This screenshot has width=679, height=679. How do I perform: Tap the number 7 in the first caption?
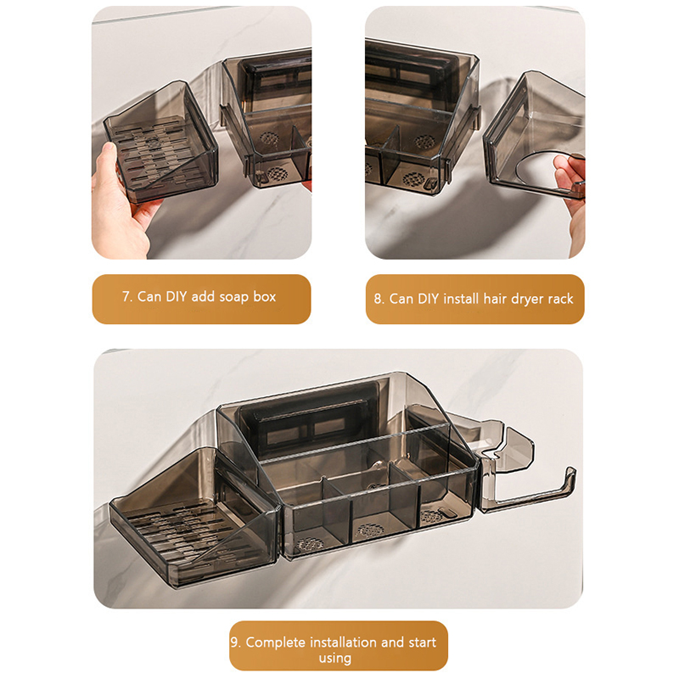[x=126, y=296]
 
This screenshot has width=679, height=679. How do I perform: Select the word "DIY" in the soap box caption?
[x=177, y=296]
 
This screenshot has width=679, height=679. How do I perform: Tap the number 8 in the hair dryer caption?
[x=378, y=299]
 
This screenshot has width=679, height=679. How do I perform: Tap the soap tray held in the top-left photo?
[x=160, y=142]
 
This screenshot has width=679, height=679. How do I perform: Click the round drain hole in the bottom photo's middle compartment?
[x=369, y=530]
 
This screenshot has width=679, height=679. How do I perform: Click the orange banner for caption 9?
[x=339, y=646]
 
